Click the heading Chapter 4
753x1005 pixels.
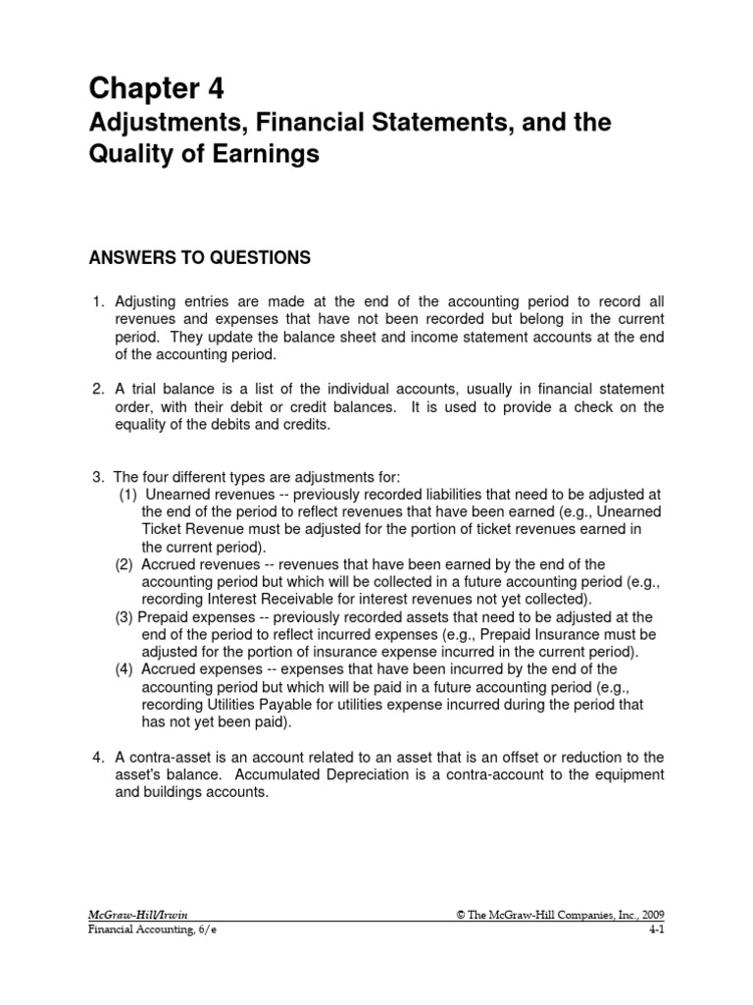tap(157, 89)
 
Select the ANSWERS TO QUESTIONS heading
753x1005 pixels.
tap(200, 258)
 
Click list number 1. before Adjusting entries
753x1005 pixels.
tap(98, 301)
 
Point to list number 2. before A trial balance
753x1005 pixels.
tap(98, 390)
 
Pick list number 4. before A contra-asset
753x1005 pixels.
tap(98, 757)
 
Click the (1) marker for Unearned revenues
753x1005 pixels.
tap(128, 495)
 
